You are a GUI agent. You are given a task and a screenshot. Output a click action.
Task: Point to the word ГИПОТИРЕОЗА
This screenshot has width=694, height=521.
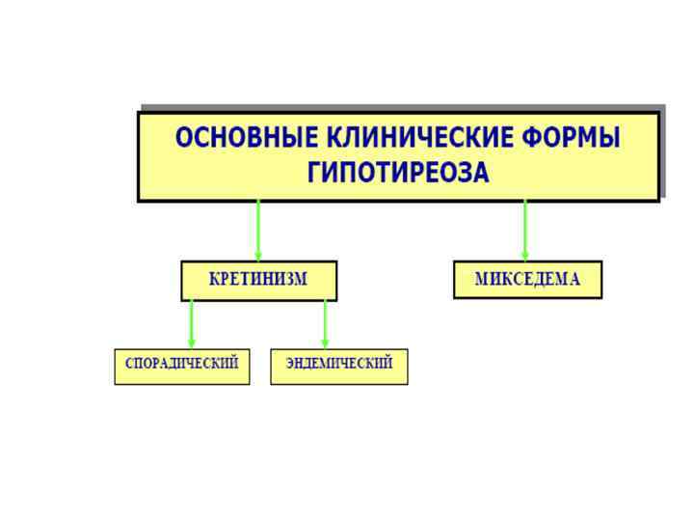point(398,174)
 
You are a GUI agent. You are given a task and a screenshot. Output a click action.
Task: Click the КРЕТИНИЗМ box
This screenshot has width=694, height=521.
point(258,281)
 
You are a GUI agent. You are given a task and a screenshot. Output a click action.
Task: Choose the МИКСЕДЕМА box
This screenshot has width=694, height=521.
point(527,281)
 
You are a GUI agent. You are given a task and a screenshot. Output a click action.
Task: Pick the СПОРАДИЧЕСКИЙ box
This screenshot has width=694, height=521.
point(181,367)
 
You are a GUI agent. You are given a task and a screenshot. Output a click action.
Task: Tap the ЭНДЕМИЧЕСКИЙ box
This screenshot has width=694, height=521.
point(338,367)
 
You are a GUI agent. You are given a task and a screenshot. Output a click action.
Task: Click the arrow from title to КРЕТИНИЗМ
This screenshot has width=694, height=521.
point(258,230)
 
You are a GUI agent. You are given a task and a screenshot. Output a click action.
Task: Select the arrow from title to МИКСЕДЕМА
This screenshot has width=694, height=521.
point(525,230)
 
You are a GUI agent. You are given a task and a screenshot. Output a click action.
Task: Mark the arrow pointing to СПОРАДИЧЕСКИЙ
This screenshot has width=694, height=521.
point(191,323)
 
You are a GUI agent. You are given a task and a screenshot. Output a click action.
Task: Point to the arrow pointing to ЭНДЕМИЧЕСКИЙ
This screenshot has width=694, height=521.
point(325,323)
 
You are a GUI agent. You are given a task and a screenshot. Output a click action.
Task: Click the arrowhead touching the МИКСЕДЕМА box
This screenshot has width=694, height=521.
point(525,255)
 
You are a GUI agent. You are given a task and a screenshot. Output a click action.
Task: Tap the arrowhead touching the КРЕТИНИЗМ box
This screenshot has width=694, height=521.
point(258,255)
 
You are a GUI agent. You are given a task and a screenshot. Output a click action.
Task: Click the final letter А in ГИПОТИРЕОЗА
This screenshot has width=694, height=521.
point(481,174)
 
